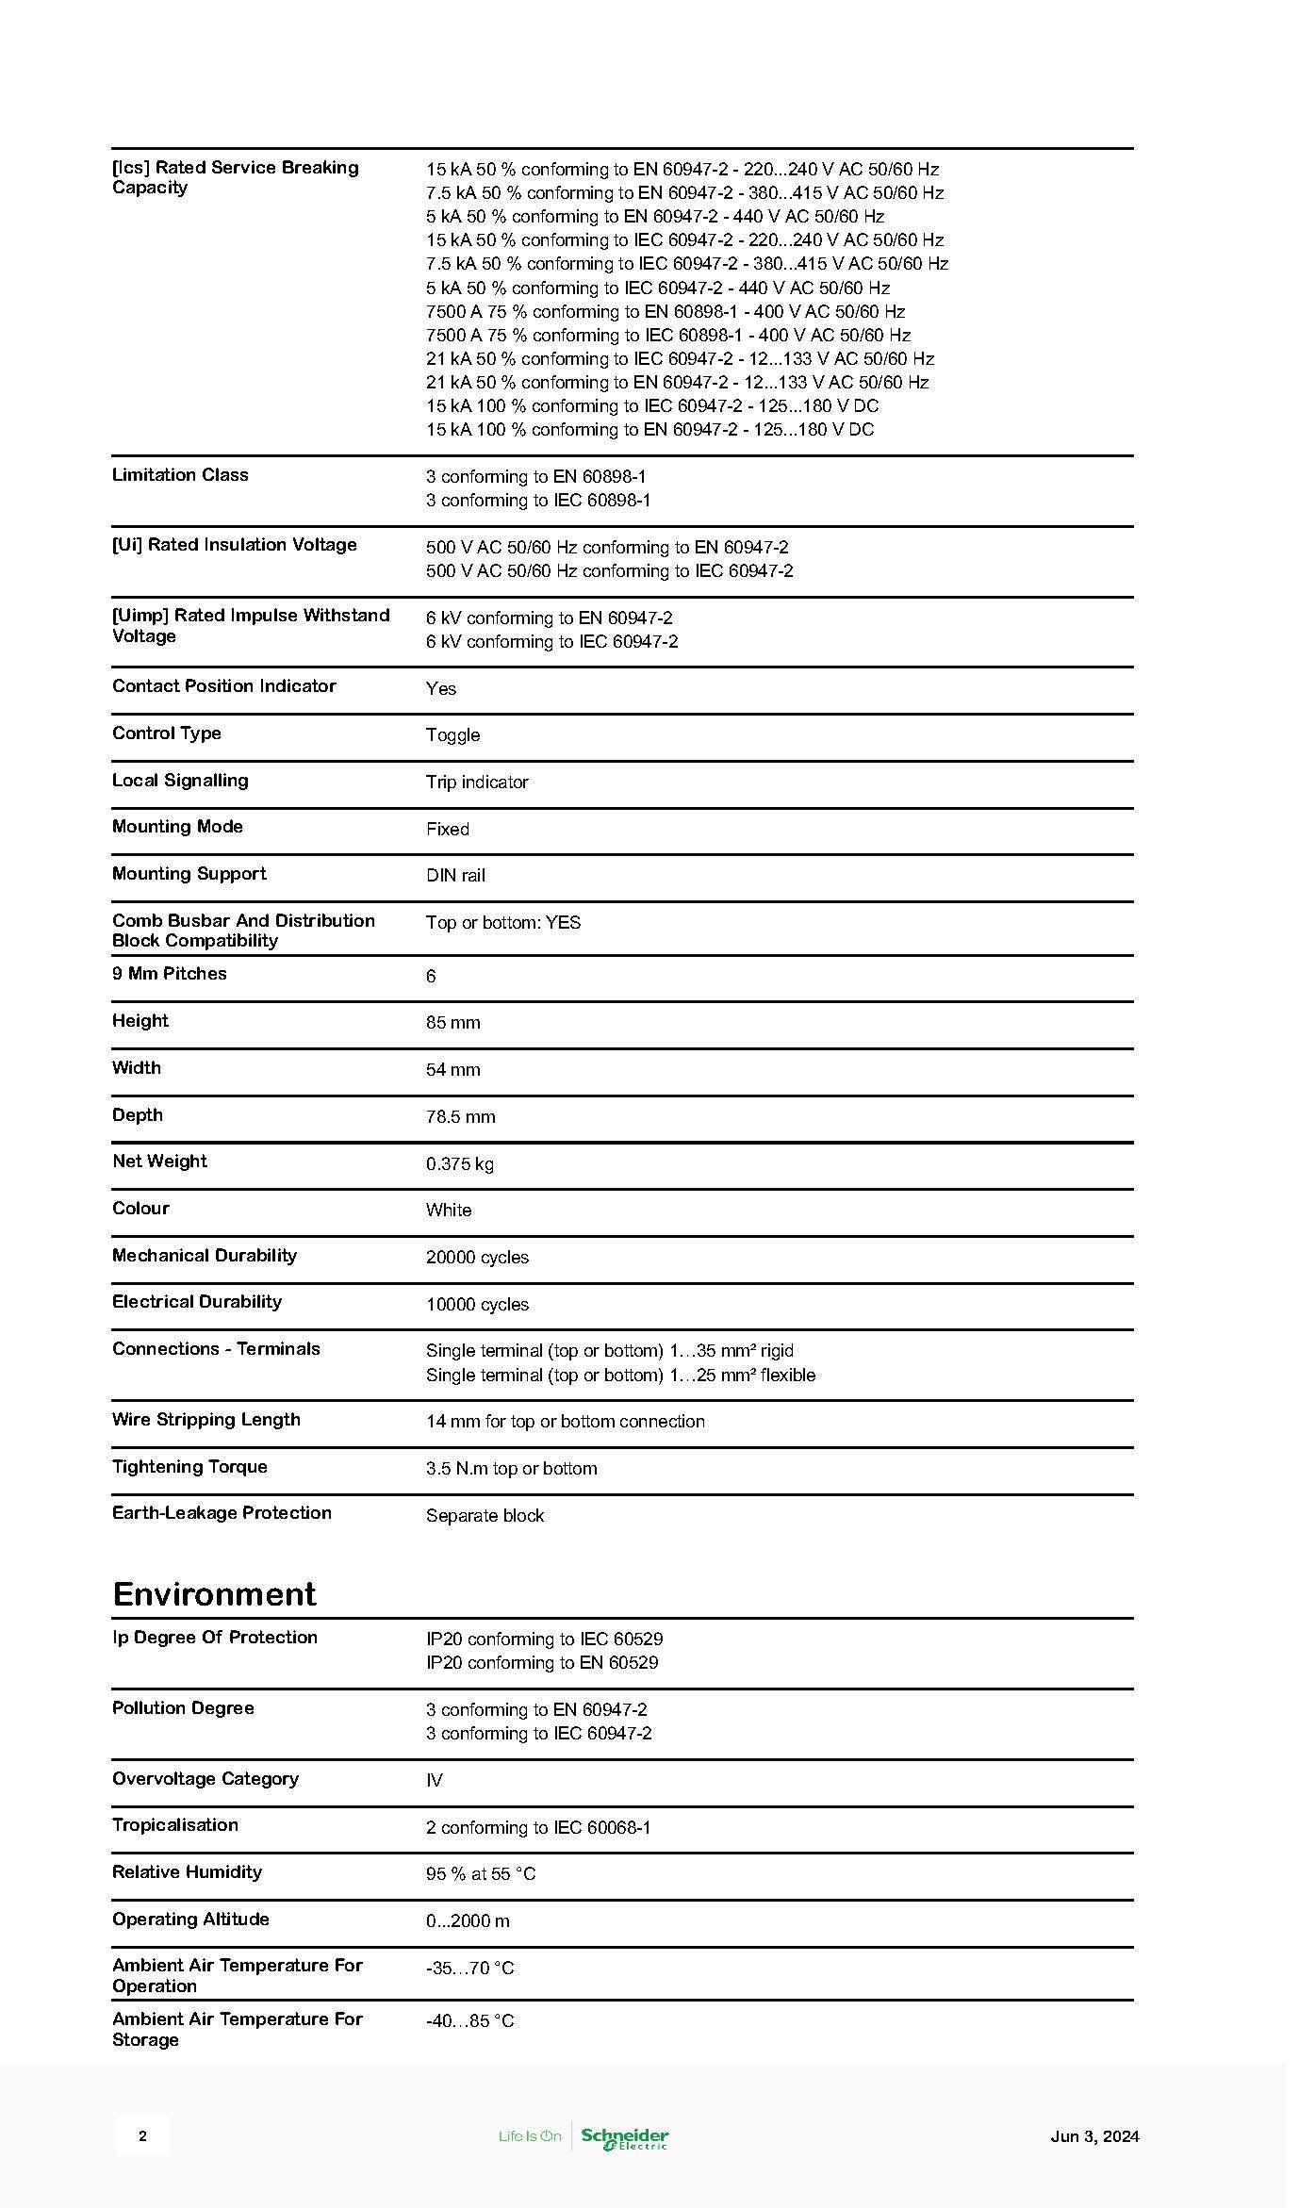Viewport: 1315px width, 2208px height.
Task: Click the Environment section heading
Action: point(214,1594)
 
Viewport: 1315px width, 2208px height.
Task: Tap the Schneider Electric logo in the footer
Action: point(624,2138)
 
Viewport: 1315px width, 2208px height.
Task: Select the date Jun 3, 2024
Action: point(1094,2136)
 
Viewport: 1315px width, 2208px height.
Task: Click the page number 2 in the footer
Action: point(142,2136)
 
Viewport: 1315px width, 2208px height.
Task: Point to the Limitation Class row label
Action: point(180,475)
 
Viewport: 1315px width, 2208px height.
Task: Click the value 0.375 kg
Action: point(459,1163)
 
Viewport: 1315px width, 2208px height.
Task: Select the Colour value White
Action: point(448,1210)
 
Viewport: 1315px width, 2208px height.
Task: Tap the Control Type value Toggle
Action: point(452,734)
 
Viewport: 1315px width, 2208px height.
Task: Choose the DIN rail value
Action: point(455,875)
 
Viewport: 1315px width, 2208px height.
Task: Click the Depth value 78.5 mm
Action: point(460,1116)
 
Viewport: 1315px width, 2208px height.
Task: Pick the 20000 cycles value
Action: point(477,1257)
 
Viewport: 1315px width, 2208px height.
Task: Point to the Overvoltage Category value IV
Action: point(434,1780)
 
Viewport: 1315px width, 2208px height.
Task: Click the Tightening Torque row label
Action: point(189,1467)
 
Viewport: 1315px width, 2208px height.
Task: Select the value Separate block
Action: point(485,1515)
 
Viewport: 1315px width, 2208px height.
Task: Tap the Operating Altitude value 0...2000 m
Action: point(468,1920)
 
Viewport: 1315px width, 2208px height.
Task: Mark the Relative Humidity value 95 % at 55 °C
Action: point(480,1873)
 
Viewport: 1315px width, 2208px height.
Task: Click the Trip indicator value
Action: point(477,782)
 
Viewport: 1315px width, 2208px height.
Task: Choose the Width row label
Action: point(137,1068)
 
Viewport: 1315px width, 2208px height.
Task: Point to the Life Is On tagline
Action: point(530,2136)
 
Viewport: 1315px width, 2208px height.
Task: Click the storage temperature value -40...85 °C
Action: point(469,2020)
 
